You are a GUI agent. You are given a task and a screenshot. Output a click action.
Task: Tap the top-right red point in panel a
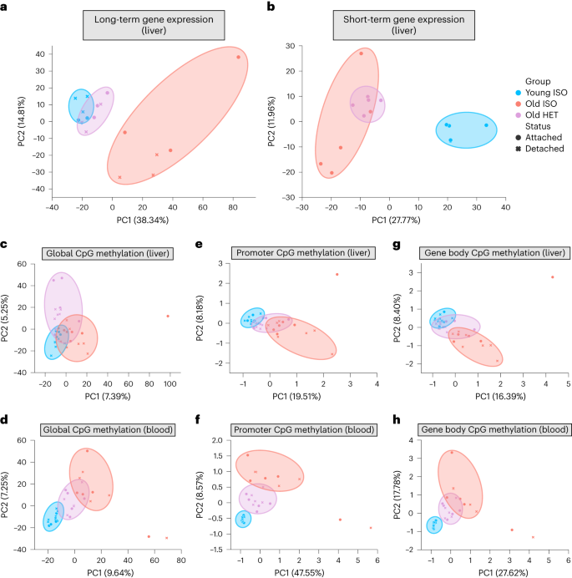(238, 57)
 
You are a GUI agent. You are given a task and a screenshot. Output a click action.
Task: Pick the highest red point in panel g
(552, 277)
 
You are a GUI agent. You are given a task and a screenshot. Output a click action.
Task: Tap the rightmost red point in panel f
(371, 528)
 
